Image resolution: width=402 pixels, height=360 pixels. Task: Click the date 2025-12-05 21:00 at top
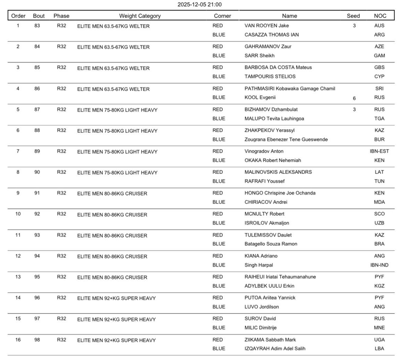click(x=199, y=4)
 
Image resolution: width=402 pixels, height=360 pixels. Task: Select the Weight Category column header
click(x=140, y=16)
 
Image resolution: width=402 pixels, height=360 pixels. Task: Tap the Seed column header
click(x=353, y=16)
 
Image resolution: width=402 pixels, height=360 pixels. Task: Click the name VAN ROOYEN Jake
click(x=267, y=26)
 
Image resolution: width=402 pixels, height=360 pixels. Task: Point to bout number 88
click(x=37, y=130)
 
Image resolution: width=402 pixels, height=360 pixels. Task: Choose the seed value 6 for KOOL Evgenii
click(x=354, y=98)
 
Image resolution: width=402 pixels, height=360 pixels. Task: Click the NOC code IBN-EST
click(x=379, y=151)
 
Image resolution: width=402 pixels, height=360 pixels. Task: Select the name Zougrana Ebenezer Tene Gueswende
click(x=286, y=139)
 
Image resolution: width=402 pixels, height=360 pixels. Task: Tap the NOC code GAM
click(x=379, y=56)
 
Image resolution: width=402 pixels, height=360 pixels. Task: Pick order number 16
click(x=18, y=340)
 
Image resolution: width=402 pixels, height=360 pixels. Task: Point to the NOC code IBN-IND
click(x=379, y=265)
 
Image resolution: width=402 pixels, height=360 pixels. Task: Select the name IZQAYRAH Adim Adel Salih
click(x=275, y=348)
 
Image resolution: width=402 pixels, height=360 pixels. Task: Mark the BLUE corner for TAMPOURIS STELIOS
click(x=219, y=77)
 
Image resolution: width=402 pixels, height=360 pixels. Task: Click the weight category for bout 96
click(x=116, y=298)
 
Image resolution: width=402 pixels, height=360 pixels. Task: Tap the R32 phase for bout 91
click(x=61, y=193)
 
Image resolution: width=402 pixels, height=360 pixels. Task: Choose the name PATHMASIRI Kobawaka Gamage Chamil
click(x=290, y=89)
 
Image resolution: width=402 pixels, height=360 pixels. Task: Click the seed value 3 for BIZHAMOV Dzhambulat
click(x=354, y=109)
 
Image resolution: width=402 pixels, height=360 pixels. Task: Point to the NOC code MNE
click(x=379, y=328)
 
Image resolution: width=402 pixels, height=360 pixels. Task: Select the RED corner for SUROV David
click(x=218, y=319)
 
